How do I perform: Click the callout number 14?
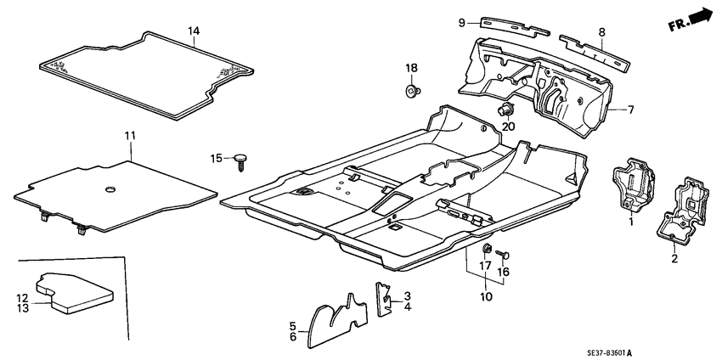tap(194, 31)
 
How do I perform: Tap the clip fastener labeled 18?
tap(412, 88)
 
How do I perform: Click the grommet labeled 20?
tap(507, 109)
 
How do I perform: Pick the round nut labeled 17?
tap(488, 249)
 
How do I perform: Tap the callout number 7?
tap(630, 110)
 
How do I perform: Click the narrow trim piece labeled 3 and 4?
tap(384, 298)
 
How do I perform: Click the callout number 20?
tap(510, 127)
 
